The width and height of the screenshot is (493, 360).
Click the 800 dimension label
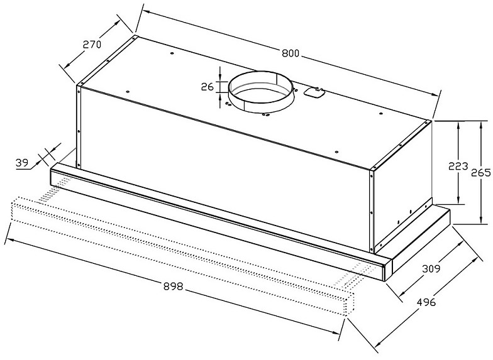(291, 53)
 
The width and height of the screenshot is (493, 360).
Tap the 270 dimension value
(92, 44)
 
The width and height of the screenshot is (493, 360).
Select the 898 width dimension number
(174, 286)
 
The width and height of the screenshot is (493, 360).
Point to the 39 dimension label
(22, 163)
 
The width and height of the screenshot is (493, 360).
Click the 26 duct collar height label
(208, 87)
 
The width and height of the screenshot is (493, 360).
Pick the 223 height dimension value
(458, 166)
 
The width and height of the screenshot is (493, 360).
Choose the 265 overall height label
(480, 173)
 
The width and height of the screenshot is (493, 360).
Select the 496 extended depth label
(426, 302)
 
